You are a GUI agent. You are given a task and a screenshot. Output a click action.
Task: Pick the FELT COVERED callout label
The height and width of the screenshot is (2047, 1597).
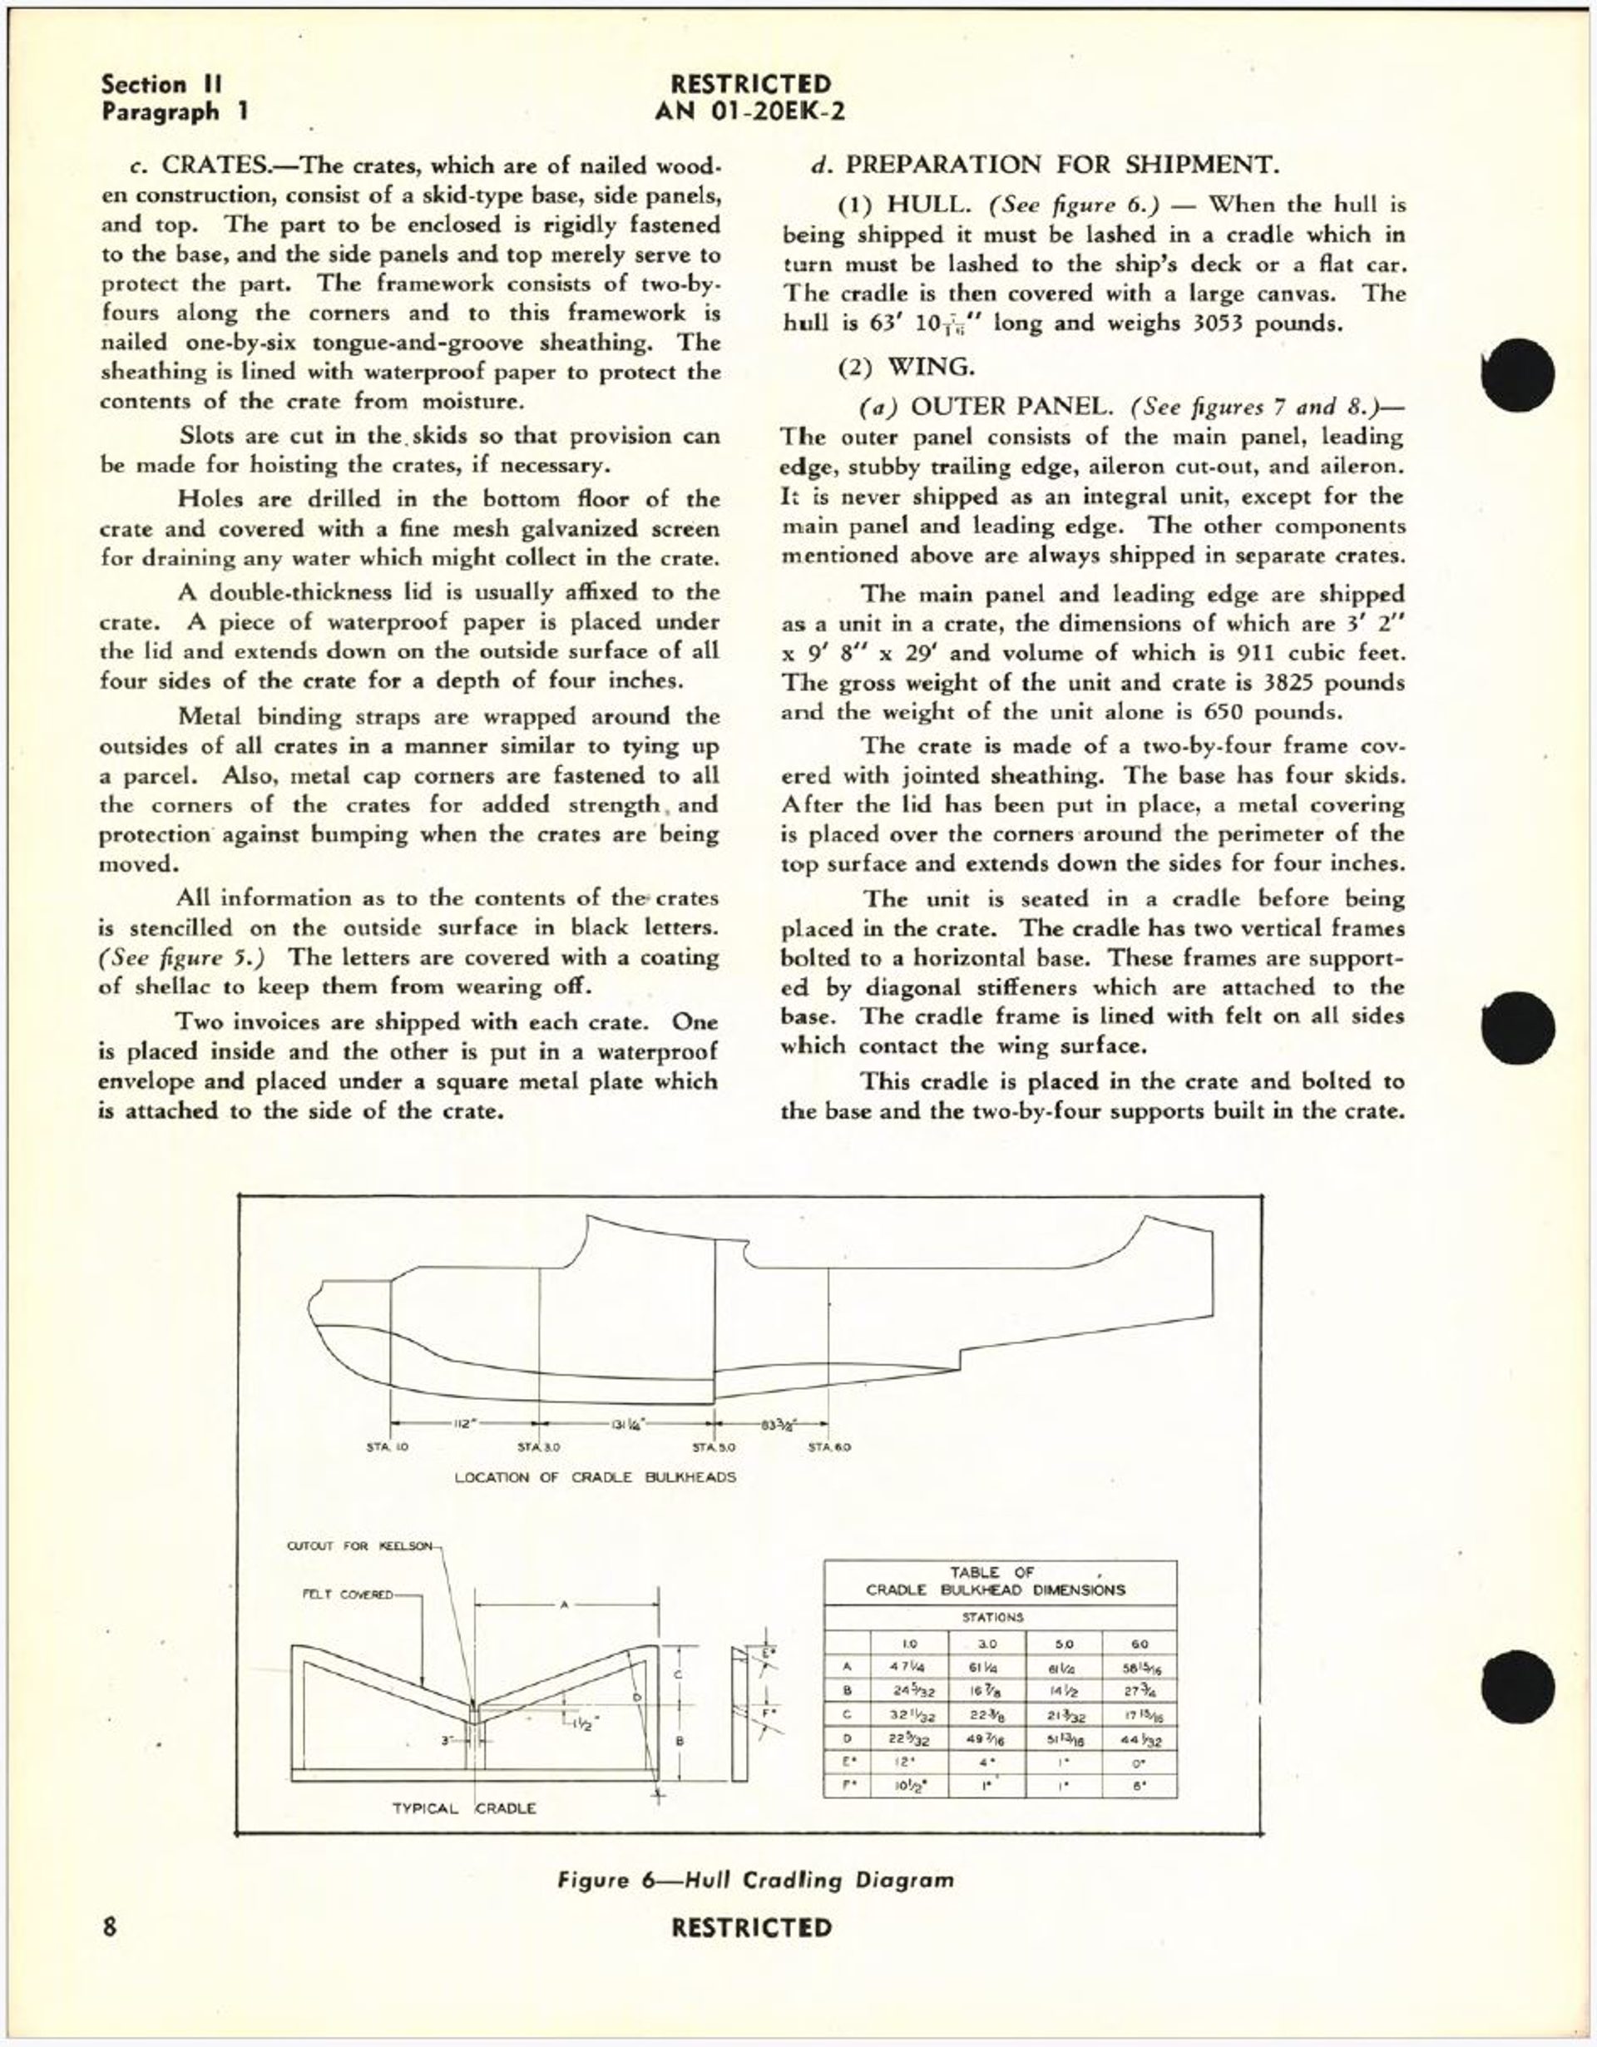coord(348,1594)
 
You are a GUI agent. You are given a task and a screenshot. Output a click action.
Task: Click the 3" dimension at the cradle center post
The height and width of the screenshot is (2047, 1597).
coord(449,1739)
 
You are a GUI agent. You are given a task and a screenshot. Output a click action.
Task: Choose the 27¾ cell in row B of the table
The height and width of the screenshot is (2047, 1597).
coord(1140,1692)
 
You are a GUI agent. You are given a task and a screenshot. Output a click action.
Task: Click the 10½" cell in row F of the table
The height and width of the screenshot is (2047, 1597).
coord(908,1786)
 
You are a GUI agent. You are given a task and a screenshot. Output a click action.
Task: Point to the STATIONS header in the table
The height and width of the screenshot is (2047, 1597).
coord(992,1617)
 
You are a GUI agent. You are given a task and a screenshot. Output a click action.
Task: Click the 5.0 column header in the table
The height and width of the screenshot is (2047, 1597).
coord(1065,1644)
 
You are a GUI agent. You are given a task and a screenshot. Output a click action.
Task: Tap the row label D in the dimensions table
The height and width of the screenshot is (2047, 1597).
coord(848,1739)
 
